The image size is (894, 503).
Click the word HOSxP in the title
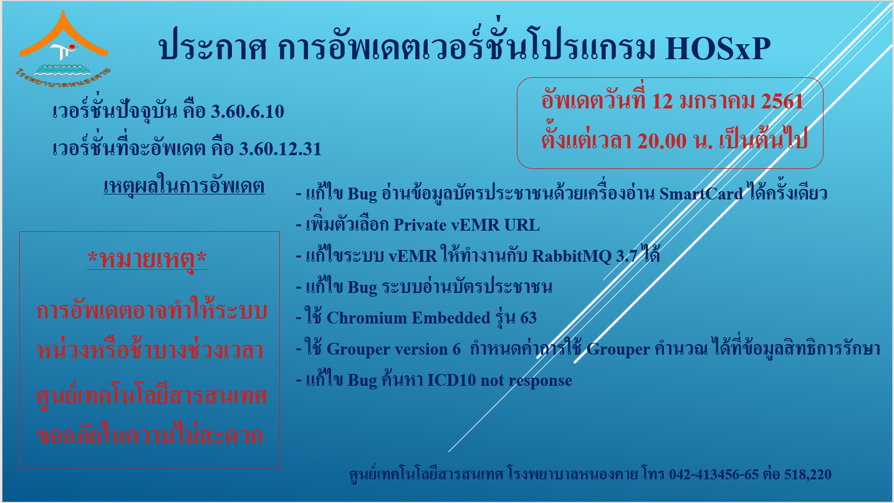pos(718,49)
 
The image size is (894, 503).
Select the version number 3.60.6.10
pos(248,112)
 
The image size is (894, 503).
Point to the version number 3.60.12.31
pos(280,149)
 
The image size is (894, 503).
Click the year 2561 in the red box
pos(782,102)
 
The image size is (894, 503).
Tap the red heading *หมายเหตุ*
pos(147,259)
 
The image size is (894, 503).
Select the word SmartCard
pos(701,194)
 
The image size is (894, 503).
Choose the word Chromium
pos(367,318)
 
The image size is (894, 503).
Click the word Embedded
pos(451,318)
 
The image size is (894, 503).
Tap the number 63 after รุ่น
pos(529,318)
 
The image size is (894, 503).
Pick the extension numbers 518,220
pos(808,474)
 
